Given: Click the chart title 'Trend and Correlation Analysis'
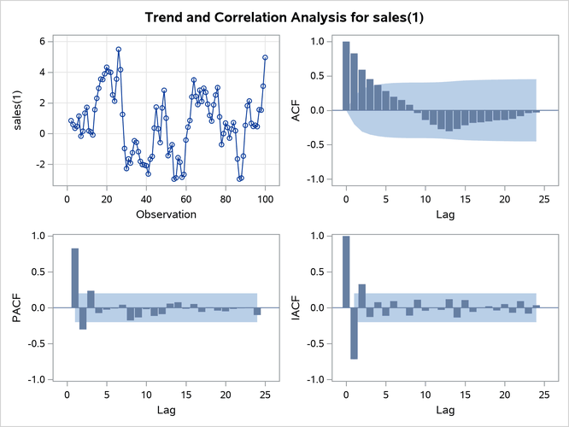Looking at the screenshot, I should point(284,17).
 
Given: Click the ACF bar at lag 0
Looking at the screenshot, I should point(346,76).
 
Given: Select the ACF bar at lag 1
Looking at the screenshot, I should point(354,82).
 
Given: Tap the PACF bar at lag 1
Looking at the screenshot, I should point(75,278).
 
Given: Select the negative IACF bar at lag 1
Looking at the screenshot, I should point(354,332).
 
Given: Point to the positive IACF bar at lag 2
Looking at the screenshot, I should point(361,295).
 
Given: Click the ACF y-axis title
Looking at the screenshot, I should point(296,110).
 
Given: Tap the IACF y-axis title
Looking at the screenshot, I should point(296,307).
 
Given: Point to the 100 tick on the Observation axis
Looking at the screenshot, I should point(265,199).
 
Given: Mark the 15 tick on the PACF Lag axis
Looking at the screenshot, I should point(186,395).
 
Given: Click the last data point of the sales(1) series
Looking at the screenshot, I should point(265,57).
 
